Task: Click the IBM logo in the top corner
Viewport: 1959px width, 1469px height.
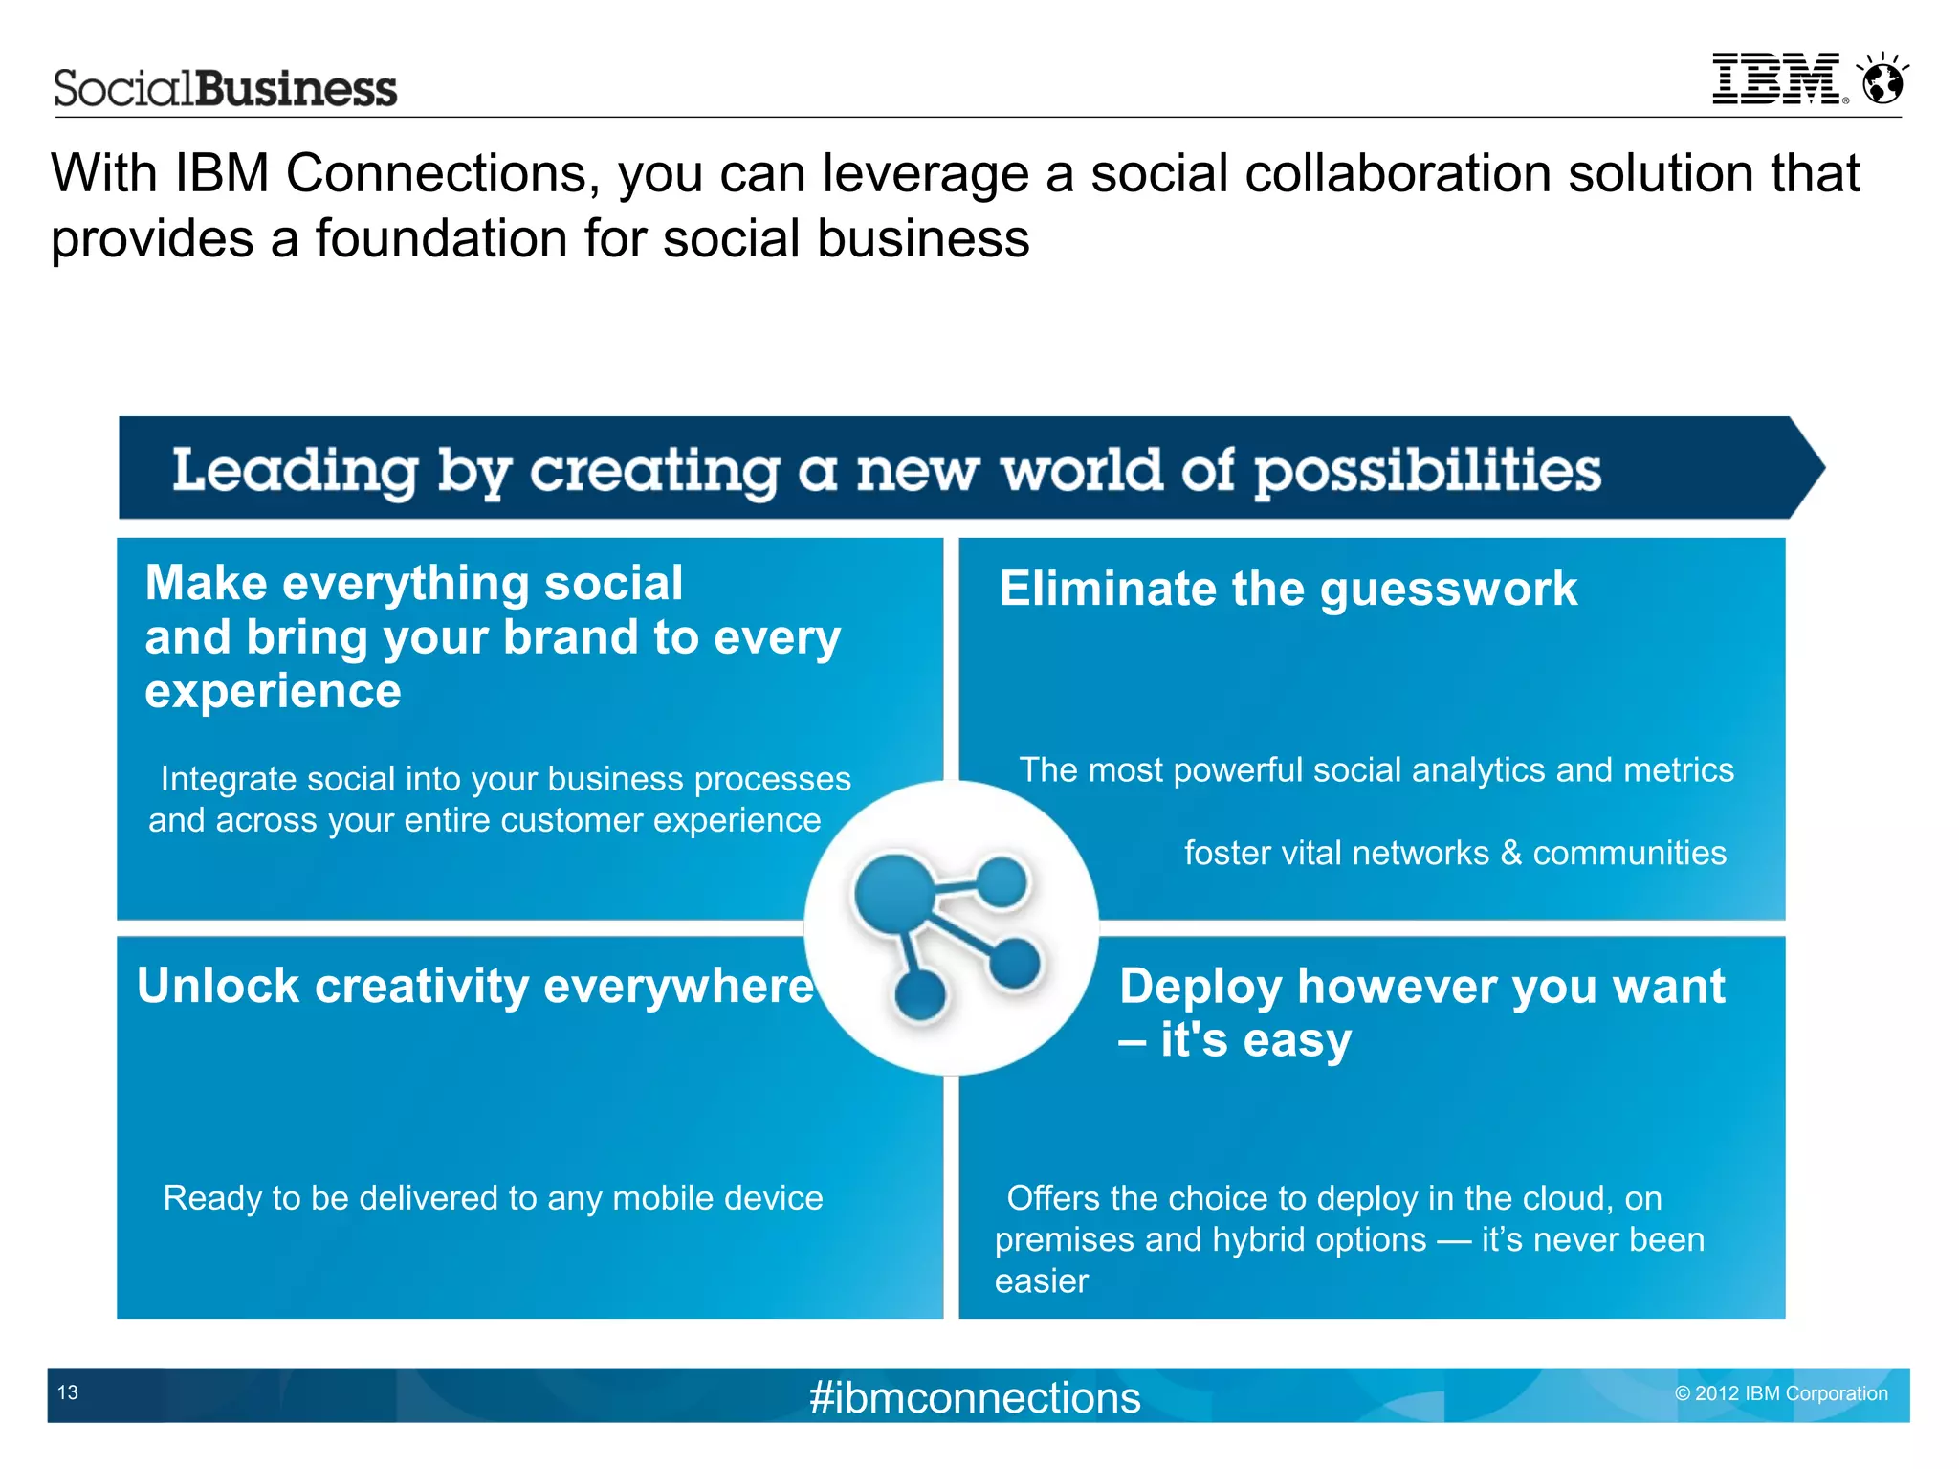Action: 1775,78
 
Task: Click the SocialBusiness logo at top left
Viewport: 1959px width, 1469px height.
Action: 225,89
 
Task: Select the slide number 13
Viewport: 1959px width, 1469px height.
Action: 68,1392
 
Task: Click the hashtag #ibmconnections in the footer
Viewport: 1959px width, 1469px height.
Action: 975,1397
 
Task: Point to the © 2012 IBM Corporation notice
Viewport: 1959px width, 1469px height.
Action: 1781,1393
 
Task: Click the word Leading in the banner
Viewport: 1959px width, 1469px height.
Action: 296,471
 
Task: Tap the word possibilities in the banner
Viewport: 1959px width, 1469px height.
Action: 1427,471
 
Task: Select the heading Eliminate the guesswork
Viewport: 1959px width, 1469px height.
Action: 1288,589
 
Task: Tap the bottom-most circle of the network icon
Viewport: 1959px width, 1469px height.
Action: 920,996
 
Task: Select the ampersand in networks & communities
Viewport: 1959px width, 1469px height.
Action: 1511,853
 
